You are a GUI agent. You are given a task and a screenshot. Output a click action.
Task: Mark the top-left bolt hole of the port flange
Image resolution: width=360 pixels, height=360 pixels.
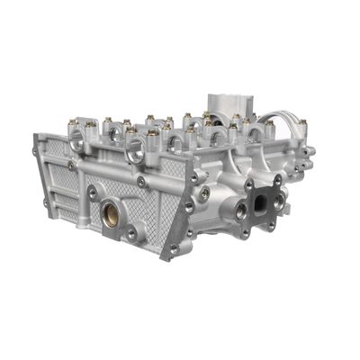[249, 185]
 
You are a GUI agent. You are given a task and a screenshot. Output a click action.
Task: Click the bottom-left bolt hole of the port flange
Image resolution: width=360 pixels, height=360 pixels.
[251, 222]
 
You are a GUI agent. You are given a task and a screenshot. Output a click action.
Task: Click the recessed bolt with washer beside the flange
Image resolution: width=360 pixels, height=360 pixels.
[205, 193]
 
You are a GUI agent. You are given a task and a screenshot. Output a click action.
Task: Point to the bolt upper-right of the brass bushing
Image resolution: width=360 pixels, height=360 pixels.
[141, 183]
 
